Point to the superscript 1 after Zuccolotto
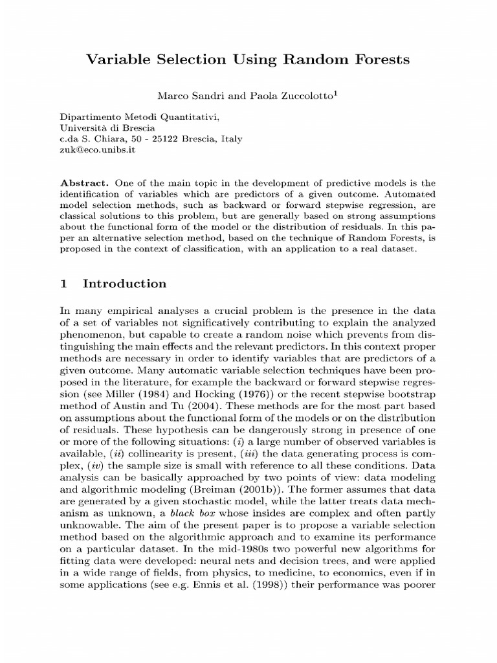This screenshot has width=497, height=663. pyautogui.click(x=337, y=93)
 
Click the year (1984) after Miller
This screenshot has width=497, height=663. pyautogui.click(x=168, y=395)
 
